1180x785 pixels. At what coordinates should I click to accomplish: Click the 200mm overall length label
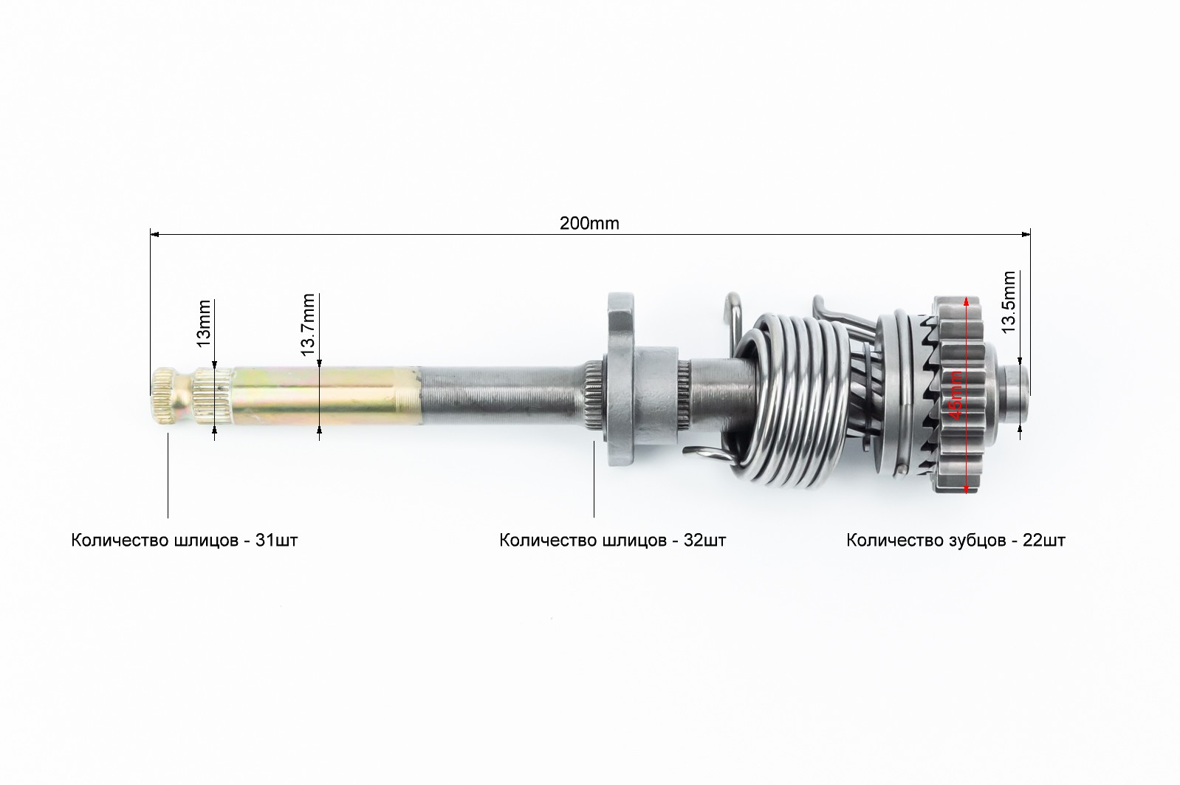tap(589, 223)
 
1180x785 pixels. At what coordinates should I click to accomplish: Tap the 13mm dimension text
tap(203, 323)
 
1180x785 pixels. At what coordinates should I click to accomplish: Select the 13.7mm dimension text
tap(308, 324)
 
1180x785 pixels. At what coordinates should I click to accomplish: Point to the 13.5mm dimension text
tap(1008, 302)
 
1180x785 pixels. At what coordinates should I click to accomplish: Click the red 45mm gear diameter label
tap(956, 395)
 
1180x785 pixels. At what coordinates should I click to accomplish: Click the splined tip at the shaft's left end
tap(170, 397)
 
